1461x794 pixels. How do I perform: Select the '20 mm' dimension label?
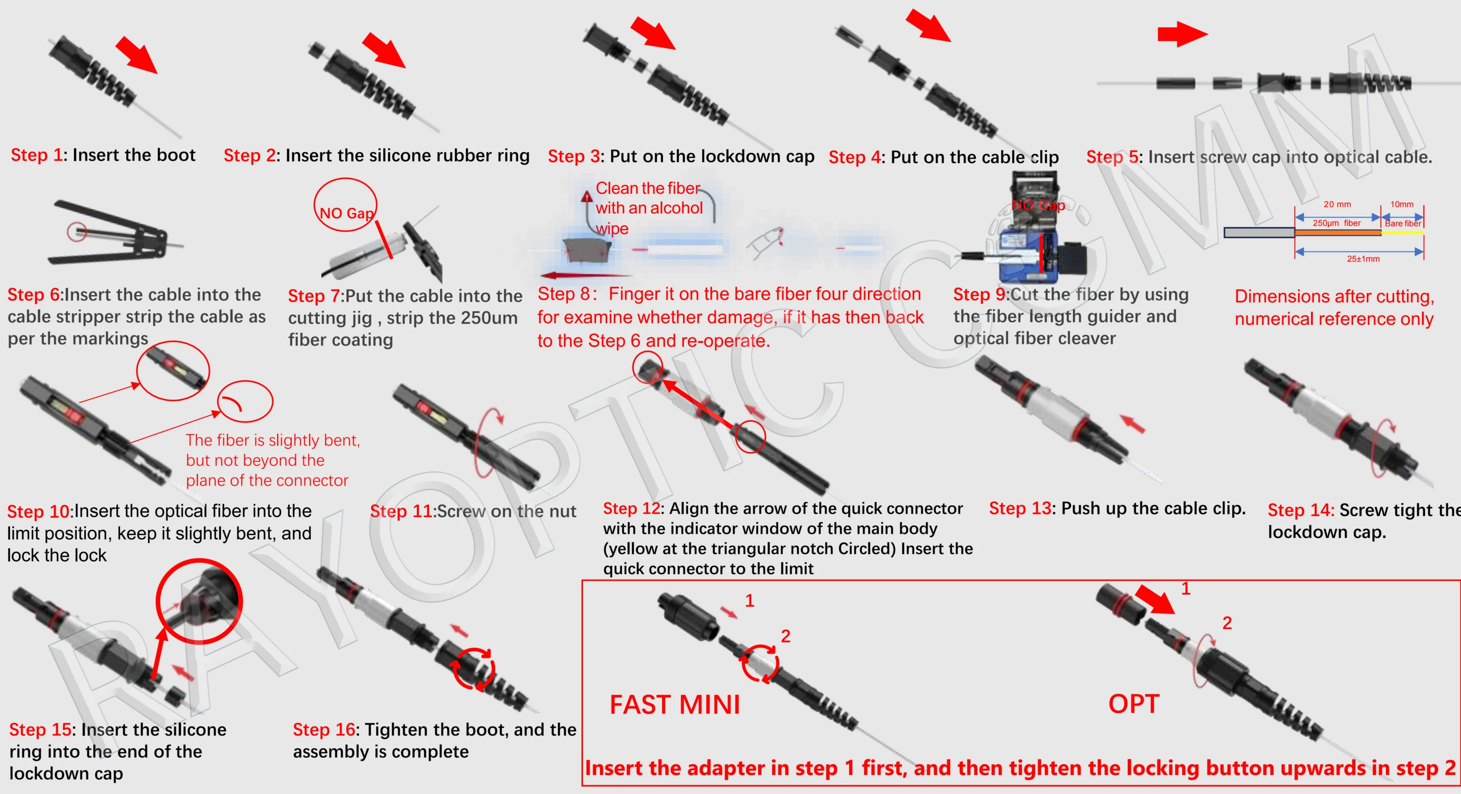click(1337, 204)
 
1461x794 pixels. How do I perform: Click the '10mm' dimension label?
click(1402, 204)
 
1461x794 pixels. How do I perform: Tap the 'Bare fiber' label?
click(1403, 223)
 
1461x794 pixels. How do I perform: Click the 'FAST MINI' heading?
click(674, 705)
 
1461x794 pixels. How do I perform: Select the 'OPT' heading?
click(1133, 704)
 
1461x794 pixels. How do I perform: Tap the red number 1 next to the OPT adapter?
click(1185, 589)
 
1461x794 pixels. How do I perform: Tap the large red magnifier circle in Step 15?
click(199, 601)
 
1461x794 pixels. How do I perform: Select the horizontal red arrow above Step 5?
click(1182, 34)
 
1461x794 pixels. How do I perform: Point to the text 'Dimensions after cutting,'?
click(1334, 297)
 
